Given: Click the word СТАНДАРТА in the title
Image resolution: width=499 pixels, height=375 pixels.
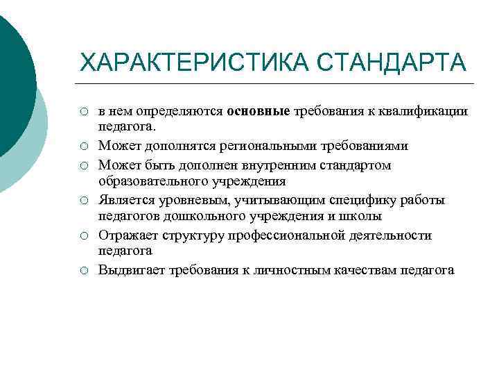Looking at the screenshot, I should [392, 62].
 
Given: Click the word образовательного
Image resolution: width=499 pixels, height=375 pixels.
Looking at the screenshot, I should [148, 183].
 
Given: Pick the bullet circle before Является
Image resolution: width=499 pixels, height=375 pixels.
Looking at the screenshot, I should [83, 201].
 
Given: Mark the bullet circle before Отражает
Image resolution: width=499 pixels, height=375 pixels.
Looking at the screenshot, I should [83, 236].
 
